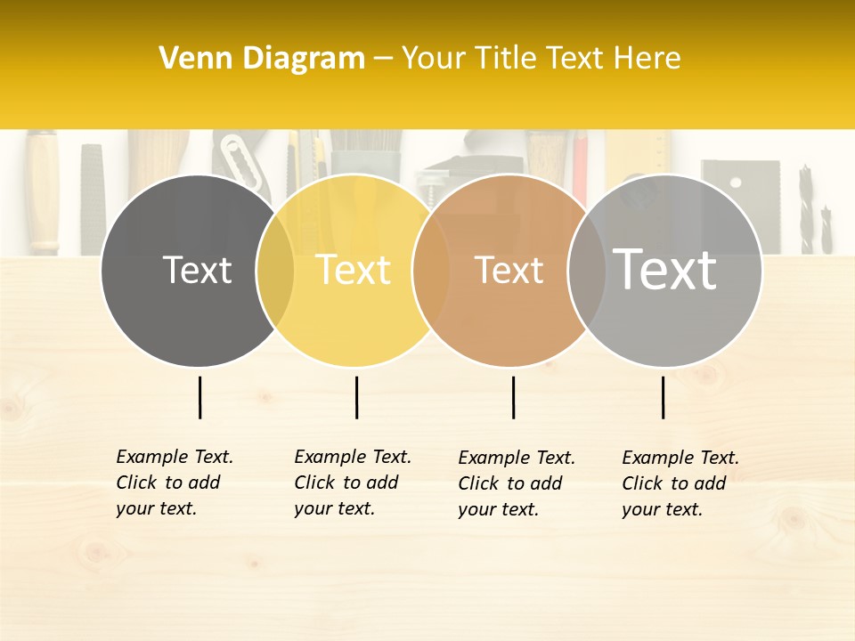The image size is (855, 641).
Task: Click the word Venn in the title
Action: [194, 59]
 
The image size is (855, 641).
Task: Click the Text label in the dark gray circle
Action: [197, 271]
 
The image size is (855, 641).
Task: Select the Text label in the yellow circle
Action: [353, 271]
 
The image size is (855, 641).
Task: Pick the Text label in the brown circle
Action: [509, 271]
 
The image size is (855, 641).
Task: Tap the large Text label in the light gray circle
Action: [665, 270]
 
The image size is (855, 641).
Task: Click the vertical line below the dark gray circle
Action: [199, 397]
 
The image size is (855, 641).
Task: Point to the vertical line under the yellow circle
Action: [356, 397]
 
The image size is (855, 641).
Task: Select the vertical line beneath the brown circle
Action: [513, 397]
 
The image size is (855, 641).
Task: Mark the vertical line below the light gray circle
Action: [663, 397]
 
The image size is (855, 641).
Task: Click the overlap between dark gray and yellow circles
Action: [275, 271]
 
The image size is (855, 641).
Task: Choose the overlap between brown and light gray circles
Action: [585, 271]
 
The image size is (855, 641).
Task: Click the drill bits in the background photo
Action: [816, 209]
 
